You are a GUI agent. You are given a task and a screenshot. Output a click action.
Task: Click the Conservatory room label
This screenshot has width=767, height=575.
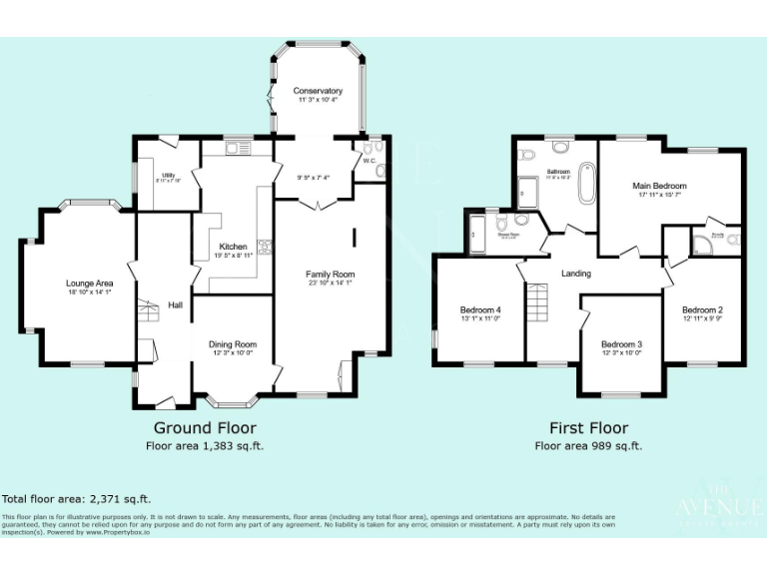click(x=318, y=91)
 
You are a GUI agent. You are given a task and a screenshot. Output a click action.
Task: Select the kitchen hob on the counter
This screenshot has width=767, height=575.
click(x=264, y=245)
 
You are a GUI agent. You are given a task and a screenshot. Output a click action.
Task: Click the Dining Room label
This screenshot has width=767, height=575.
click(x=233, y=344)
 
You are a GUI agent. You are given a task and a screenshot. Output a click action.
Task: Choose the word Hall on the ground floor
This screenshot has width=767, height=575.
click(x=175, y=304)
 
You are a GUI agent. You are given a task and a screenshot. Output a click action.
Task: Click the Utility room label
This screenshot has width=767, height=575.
click(x=167, y=176)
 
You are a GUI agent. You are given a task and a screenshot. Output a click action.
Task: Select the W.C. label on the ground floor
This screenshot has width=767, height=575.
click(x=369, y=160)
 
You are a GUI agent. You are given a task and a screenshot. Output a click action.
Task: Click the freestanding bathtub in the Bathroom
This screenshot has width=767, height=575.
click(x=585, y=186)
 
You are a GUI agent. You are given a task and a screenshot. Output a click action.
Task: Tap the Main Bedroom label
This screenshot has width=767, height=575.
click(x=660, y=186)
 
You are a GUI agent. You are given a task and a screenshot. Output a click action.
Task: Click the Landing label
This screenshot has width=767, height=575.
click(x=576, y=273)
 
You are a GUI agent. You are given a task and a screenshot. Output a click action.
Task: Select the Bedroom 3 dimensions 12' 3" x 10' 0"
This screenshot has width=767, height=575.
click(x=621, y=353)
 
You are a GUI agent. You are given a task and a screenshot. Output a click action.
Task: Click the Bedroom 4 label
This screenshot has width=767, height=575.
click(x=480, y=309)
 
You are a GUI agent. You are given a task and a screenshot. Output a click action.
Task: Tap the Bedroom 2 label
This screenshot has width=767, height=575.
click(x=703, y=309)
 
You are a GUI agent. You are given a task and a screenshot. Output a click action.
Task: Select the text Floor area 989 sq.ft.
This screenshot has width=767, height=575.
click(x=588, y=446)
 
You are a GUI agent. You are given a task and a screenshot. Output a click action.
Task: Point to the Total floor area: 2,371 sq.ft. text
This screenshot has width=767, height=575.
click(x=76, y=498)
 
